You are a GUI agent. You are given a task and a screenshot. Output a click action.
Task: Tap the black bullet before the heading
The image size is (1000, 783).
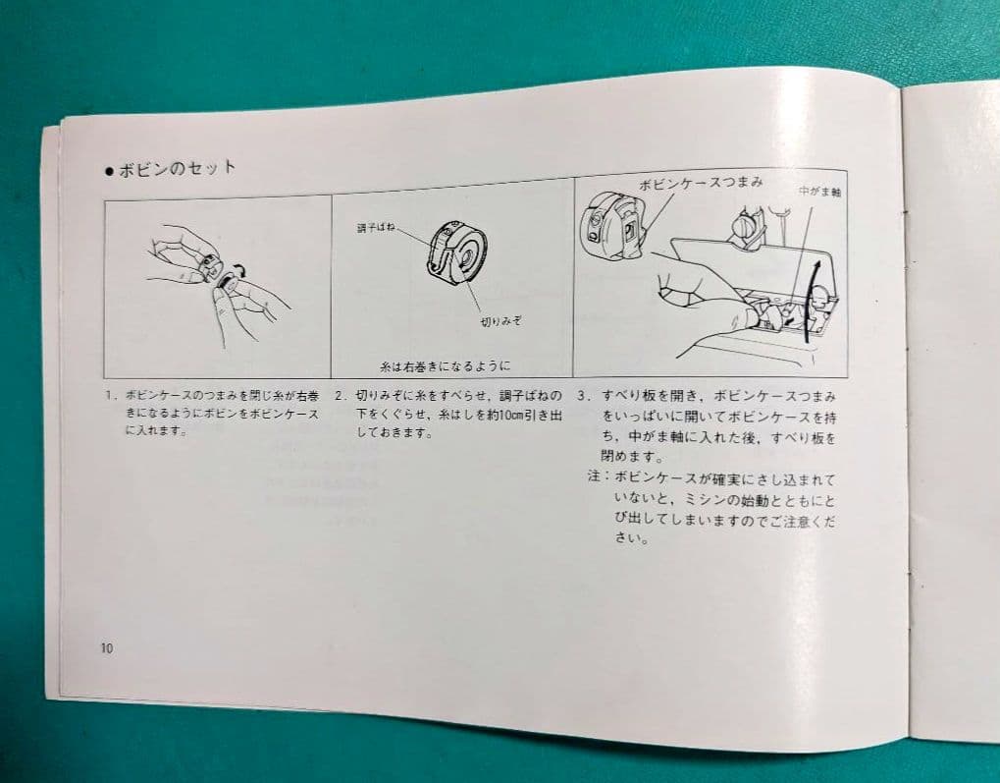point(110,171)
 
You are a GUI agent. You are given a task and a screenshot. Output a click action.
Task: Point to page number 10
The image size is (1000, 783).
point(106,647)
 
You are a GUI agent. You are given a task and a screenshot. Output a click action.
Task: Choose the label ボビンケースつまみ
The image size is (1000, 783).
point(700,184)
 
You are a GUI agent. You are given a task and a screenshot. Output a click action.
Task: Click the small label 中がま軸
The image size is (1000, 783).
point(818,192)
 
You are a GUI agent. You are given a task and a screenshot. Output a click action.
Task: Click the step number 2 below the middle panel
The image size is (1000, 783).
point(341,396)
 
